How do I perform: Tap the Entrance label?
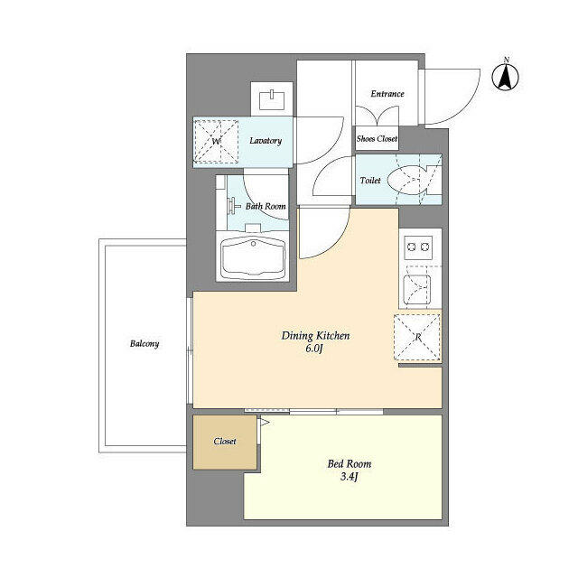click(x=387, y=94)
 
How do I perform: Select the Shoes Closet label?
click(x=378, y=139)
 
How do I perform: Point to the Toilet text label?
click(x=371, y=181)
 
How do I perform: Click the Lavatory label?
click(x=265, y=141)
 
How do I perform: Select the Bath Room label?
click(x=266, y=207)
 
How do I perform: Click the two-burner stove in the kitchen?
click(x=418, y=247)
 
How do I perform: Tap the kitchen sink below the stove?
click(x=418, y=290)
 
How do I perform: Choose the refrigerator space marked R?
click(x=418, y=337)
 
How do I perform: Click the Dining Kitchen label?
click(x=315, y=336)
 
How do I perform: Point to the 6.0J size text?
click(x=314, y=349)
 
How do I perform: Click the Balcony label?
click(x=144, y=344)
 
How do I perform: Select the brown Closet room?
click(x=224, y=442)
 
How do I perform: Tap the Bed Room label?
click(x=349, y=464)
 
